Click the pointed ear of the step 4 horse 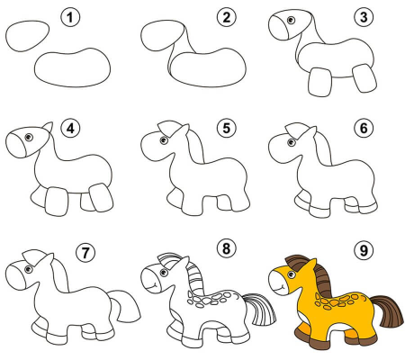click(x=49, y=128)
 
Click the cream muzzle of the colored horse click(x=279, y=283)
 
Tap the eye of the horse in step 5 click(x=163, y=140)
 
